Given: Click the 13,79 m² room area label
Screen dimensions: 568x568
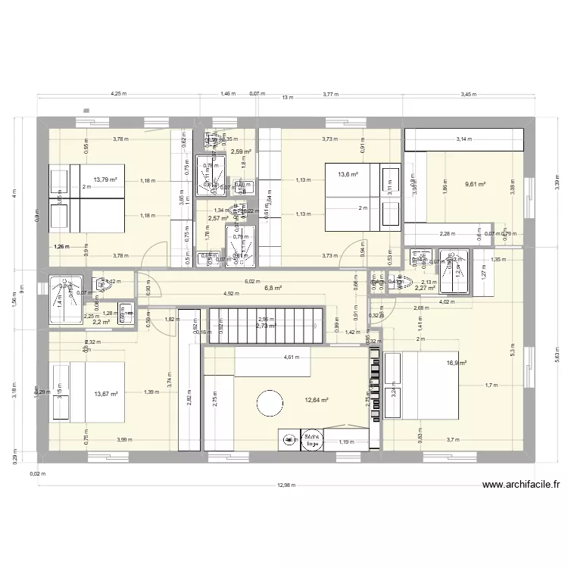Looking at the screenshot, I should [105, 179].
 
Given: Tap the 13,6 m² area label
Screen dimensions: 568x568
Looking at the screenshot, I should [348, 175].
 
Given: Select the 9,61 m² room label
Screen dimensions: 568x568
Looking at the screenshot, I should [475, 184].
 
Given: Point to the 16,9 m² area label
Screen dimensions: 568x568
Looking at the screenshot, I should [456, 363].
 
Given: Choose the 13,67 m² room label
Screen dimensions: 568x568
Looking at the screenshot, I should [107, 393].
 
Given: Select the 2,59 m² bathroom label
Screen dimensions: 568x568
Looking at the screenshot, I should [241, 151].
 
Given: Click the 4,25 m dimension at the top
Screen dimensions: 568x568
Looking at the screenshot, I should [118, 95].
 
